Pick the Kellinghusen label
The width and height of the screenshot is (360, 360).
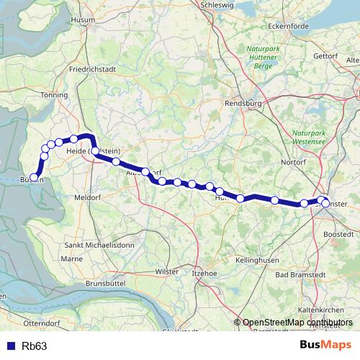[x=256, y=258]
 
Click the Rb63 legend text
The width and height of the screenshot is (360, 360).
[x=35, y=346]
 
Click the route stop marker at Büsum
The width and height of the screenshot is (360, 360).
[x=34, y=177]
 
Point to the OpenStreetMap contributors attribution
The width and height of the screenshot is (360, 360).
[x=298, y=323]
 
